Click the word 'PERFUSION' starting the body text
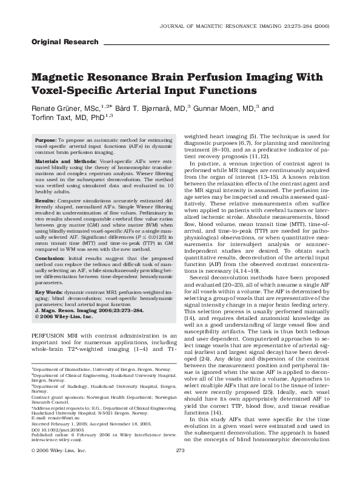point(49,335)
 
